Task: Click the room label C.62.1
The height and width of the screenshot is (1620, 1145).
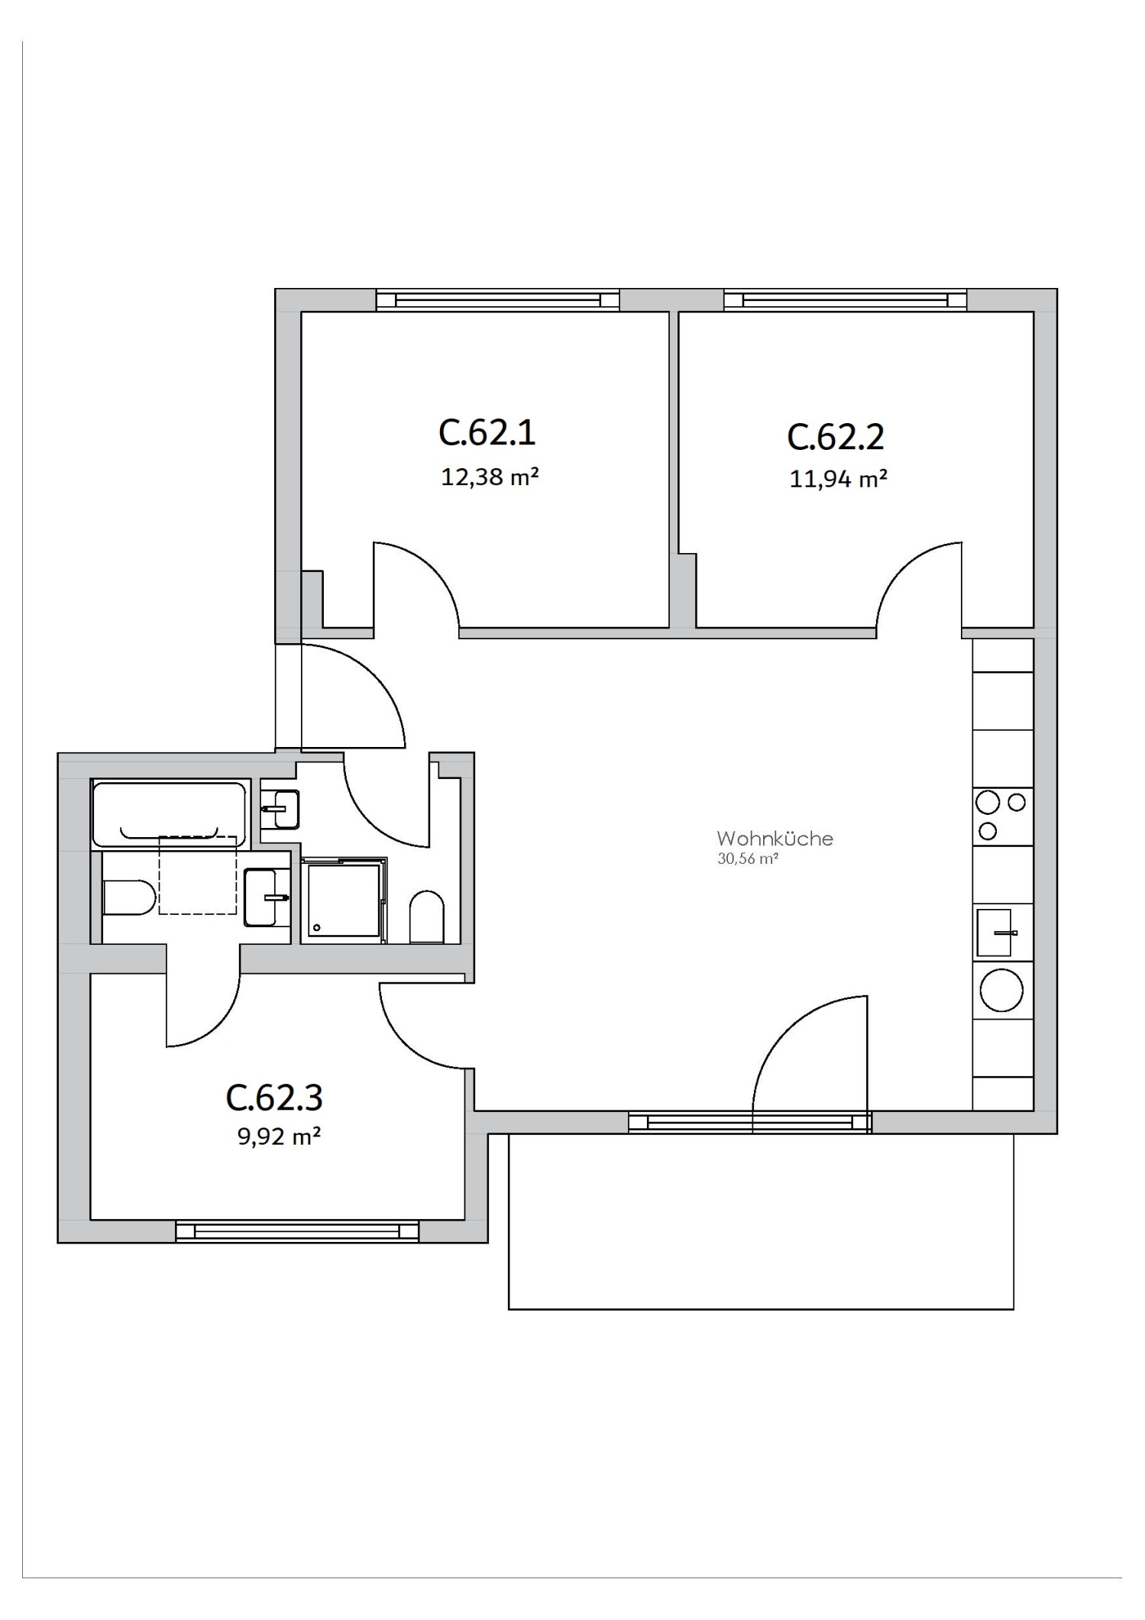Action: pyautogui.click(x=487, y=432)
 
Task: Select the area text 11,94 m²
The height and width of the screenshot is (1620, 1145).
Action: pyautogui.click(x=838, y=480)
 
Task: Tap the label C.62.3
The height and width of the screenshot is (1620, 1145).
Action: pyautogui.click(x=274, y=1098)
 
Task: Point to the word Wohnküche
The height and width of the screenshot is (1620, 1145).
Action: pyautogui.click(x=775, y=839)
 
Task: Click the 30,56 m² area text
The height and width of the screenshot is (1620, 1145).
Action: pyautogui.click(x=747, y=859)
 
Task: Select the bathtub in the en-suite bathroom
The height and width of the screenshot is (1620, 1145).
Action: pyautogui.click(x=169, y=813)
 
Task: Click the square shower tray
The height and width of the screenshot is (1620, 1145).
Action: pyautogui.click(x=343, y=901)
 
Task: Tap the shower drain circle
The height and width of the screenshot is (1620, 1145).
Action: pyautogui.click(x=316, y=926)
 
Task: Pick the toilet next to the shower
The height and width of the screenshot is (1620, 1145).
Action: pyautogui.click(x=427, y=916)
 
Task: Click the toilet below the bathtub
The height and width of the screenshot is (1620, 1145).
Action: pyautogui.click(x=127, y=897)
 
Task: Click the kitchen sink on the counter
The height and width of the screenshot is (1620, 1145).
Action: pyautogui.click(x=995, y=933)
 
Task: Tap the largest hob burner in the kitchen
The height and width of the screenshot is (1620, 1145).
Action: pyautogui.click(x=988, y=802)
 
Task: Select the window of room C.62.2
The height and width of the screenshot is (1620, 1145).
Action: pyautogui.click(x=846, y=300)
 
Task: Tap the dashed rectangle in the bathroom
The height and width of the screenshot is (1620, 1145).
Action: pyautogui.click(x=197, y=875)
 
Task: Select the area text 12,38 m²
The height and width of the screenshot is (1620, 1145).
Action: pyautogui.click(x=490, y=477)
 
